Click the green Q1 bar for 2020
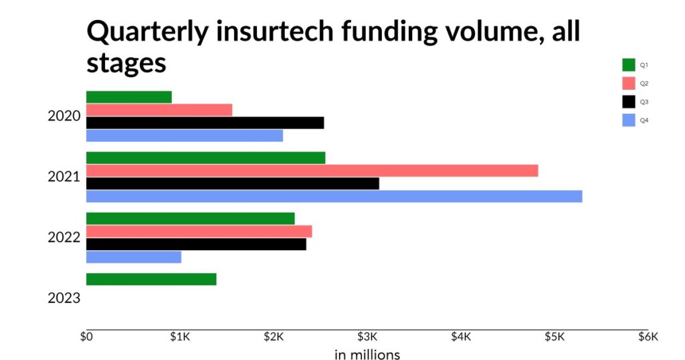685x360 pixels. coord(128,97)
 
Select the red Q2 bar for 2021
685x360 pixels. coord(312,171)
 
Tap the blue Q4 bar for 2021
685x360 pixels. coord(334,196)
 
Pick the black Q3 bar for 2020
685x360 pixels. coord(205,122)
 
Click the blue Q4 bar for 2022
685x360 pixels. coord(134,257)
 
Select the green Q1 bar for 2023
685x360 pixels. coord(151,279)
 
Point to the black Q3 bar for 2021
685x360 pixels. coord(232,183)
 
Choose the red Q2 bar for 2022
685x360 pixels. coord(199,232)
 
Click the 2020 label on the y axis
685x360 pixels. coord(64,116)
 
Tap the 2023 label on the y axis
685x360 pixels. coord(64,298)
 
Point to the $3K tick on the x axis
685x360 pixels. coord(367,337)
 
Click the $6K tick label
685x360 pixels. coord(648,337)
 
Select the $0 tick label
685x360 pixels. coord(86,337)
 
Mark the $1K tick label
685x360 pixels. coord(180,337)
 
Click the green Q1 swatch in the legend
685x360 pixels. coord(629,65)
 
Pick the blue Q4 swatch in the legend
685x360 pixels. coord(629,120)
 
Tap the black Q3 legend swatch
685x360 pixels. coord(629,102)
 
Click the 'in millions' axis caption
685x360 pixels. coord(367,354)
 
